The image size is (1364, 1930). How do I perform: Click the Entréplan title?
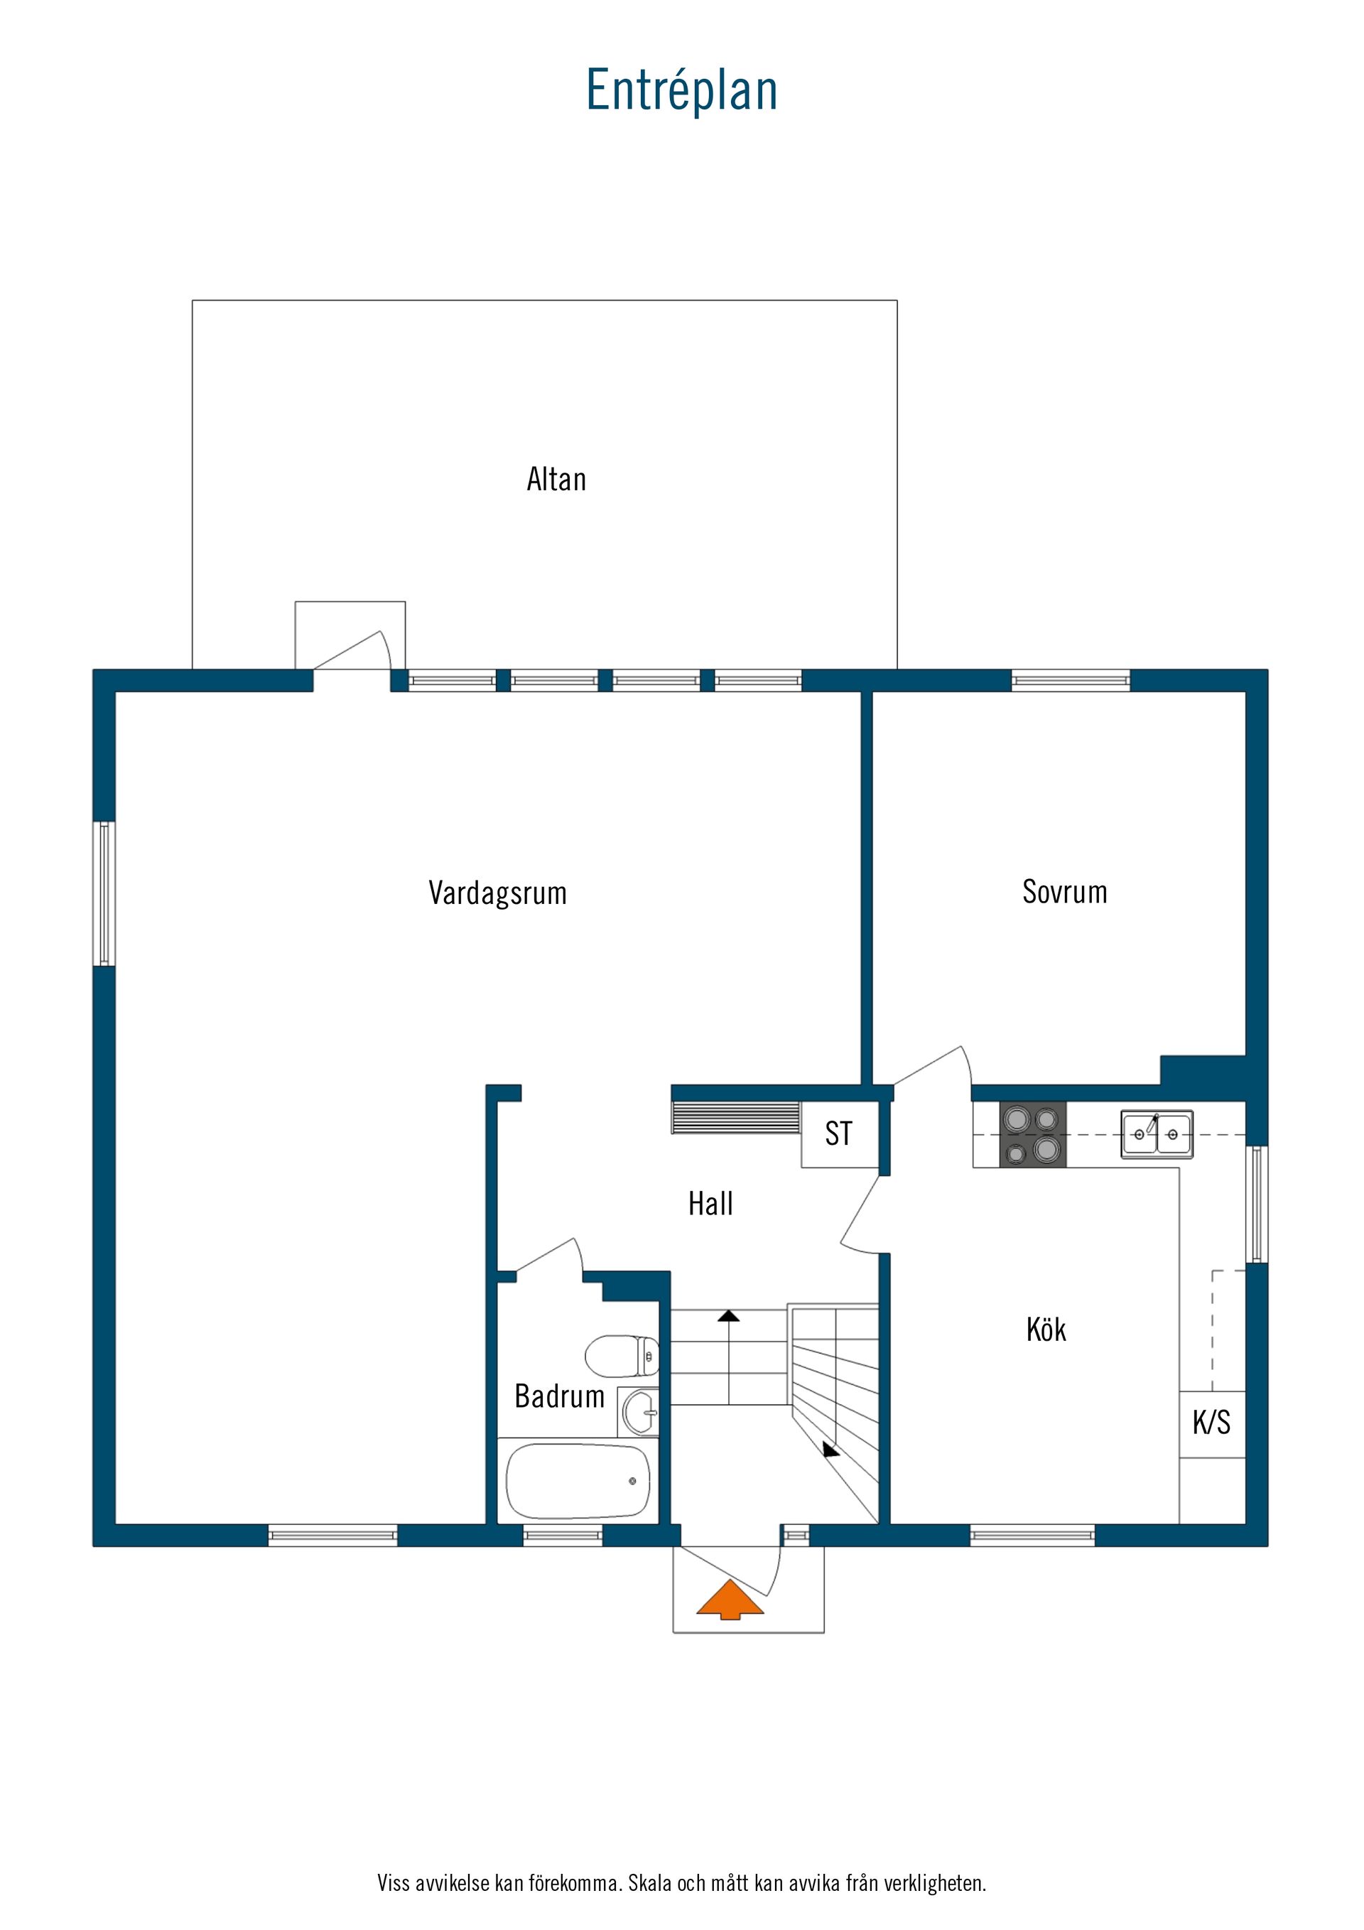click(681, 90)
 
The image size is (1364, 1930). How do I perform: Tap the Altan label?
click(556, 479)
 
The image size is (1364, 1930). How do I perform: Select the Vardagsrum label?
click(497, 893)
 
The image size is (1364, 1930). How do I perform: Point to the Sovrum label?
click(1065, 892)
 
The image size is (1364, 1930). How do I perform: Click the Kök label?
click(1046, 1329)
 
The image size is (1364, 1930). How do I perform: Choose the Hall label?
click(710, 1204)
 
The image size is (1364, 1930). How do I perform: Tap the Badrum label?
click(560, 1396)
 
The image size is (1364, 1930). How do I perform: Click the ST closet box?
click(840, 1134)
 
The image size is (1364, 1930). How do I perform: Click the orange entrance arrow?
click(730, 1600)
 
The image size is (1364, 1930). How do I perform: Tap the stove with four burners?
click(1033, 1134)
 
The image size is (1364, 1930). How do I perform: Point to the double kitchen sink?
click(1157, 1134)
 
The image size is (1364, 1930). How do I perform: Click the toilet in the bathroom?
click(622, 1355)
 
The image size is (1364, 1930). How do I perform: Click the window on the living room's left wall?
click(104, 893)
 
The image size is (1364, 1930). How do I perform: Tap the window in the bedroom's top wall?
click(1071, 680)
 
